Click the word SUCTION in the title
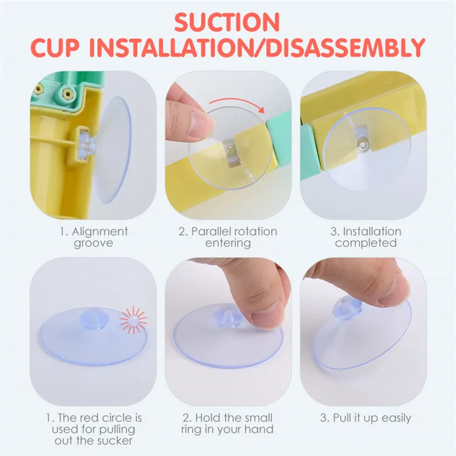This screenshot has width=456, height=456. pyautogui.click(x=227, y=22)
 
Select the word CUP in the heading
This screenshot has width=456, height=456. pyautogui.click(x=55, y=47)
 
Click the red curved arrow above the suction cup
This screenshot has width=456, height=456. pyautogui.click(x=237, y=104)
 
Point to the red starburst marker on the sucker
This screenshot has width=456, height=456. pyautogui.click(x=134, y=320)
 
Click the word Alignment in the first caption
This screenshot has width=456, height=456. pyautogui.click(x=100, y=232)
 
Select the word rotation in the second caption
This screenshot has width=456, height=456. pyautogui.click(x=255, y=232)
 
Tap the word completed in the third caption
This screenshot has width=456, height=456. pyautogui.click(x=366, y=243)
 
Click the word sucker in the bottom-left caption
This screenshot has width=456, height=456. pyautogui.click(x=114, y=441)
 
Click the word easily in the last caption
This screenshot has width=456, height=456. pyautogui.click(x=396, y=418)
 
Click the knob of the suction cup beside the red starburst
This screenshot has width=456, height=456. pyautogui.click(x=94, y=319)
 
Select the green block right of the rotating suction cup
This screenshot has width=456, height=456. pyautogui.click(x=278, y=137)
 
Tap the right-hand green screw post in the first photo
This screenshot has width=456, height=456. pyautogui.click(x=67, y=94)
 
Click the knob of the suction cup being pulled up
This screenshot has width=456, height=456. pyautogui.click(x=348, y=309)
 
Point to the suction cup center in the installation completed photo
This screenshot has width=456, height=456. pyautogui.click(x=363, y=144)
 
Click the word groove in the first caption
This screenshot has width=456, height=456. pyautogui.click(x=93, y=243)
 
